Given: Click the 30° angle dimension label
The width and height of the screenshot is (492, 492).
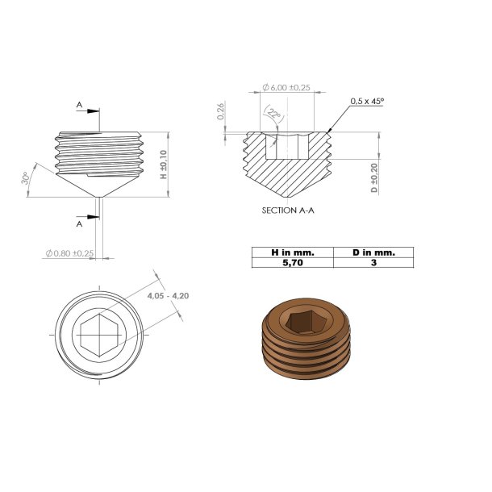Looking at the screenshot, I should pos(27,178).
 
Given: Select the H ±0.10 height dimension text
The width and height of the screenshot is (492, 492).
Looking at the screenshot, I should pos(163,164).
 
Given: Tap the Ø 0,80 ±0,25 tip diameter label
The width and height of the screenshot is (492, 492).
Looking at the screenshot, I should pos(71,253).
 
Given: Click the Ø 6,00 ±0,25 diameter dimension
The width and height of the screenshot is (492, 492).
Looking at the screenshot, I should pos(286,88).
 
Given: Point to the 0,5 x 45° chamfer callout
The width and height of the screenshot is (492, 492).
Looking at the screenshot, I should pos(367,102).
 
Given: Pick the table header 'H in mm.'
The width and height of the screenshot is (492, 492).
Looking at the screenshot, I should pos(292,252).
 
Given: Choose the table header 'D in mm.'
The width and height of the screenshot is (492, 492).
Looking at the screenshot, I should pos(373,252).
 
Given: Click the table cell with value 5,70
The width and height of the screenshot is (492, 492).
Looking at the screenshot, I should pos(292,262).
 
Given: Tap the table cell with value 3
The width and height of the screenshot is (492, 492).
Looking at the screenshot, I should pos(373,262).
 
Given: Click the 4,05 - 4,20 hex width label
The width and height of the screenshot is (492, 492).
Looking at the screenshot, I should pos(168,296).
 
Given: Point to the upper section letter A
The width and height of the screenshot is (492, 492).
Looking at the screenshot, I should pos(79,105).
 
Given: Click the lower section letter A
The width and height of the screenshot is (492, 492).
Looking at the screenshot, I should pos(79,224).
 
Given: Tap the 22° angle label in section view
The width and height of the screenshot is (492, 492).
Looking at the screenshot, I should pos(275,115).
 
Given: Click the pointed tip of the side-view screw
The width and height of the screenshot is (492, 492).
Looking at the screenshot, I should pos(98,198).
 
